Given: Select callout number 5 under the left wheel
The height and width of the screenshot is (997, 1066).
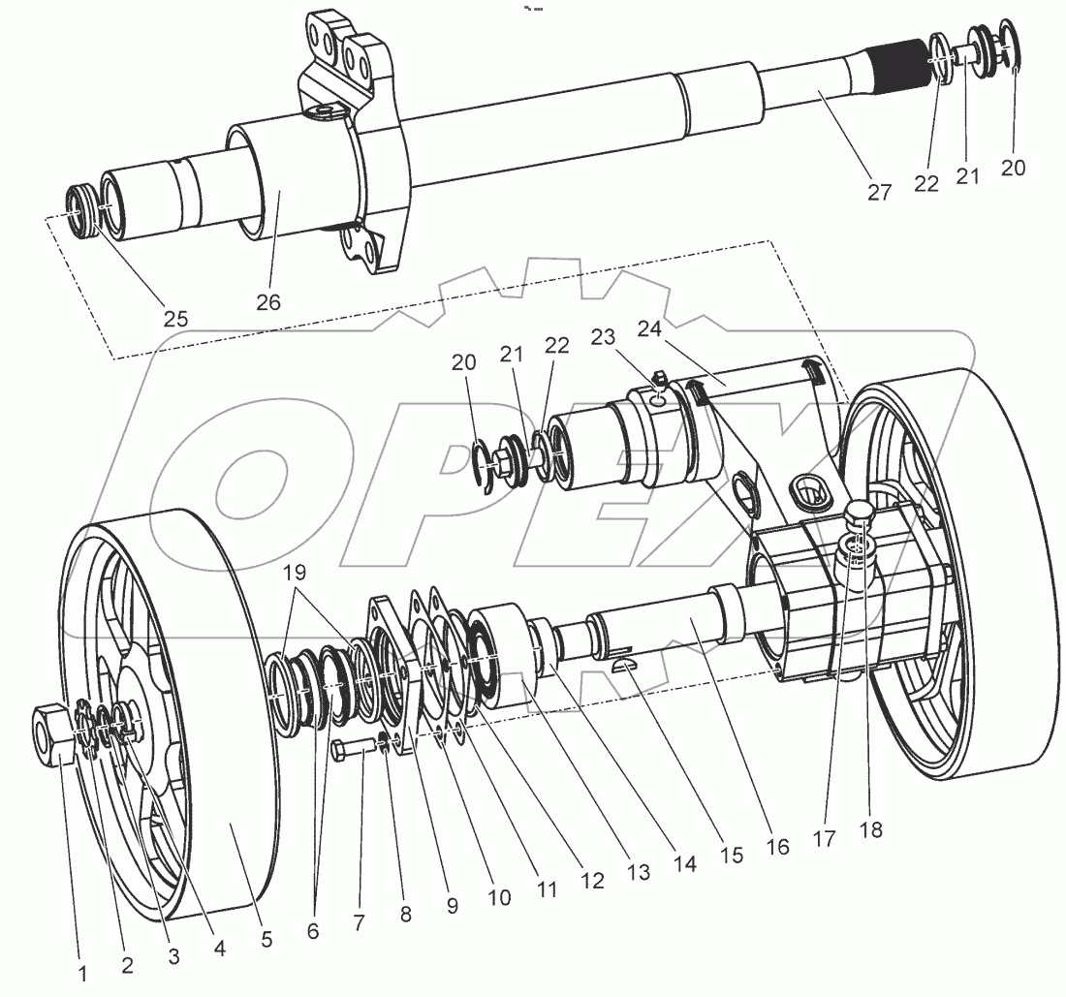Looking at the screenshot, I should [266, 939].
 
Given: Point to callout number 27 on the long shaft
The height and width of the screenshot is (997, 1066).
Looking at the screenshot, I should [879, 192].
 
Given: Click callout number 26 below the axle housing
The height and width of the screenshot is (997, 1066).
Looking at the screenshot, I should [268, 302].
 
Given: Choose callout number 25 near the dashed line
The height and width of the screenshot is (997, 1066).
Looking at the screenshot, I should [176, 318].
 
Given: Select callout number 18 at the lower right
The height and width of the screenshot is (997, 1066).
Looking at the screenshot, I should [871, 829].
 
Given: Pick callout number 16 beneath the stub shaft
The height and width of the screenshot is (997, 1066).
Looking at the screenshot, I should [776, 847].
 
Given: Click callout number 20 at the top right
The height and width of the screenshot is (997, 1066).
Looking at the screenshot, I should [1013, 167].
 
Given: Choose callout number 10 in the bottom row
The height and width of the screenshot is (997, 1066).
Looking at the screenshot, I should [498, 896].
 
